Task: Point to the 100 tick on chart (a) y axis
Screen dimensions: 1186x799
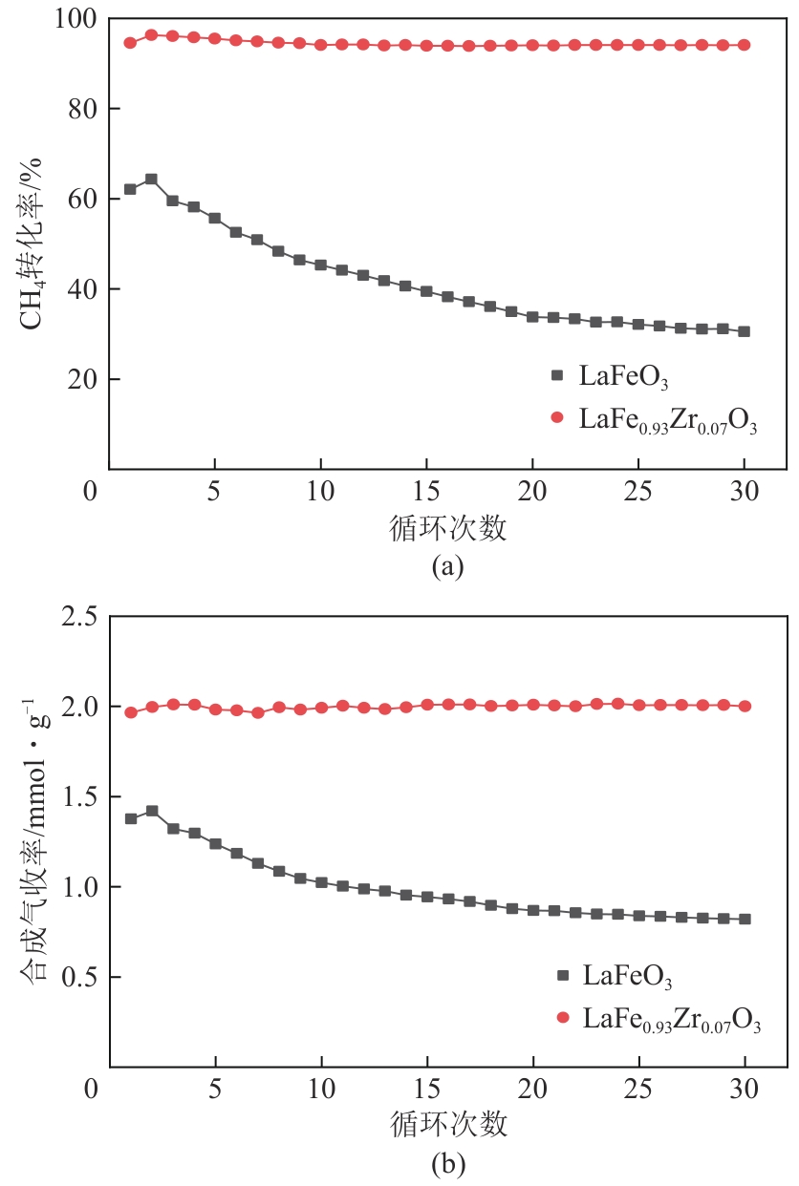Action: (x=75, y=19)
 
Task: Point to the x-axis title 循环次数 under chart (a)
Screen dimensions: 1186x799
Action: (x=448, y=527)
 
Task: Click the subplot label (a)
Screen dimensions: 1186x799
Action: (x=448, y=566)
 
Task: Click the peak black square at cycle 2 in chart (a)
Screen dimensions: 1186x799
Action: (x=151, y=180)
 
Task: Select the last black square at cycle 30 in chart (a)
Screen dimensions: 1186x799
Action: (x=744, y=331)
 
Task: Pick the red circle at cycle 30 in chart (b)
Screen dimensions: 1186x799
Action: (x=745, y=707)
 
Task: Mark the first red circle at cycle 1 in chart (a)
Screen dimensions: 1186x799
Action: (x=130, y=43)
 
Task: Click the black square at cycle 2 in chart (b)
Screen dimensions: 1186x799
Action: (x=152, y=811)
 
